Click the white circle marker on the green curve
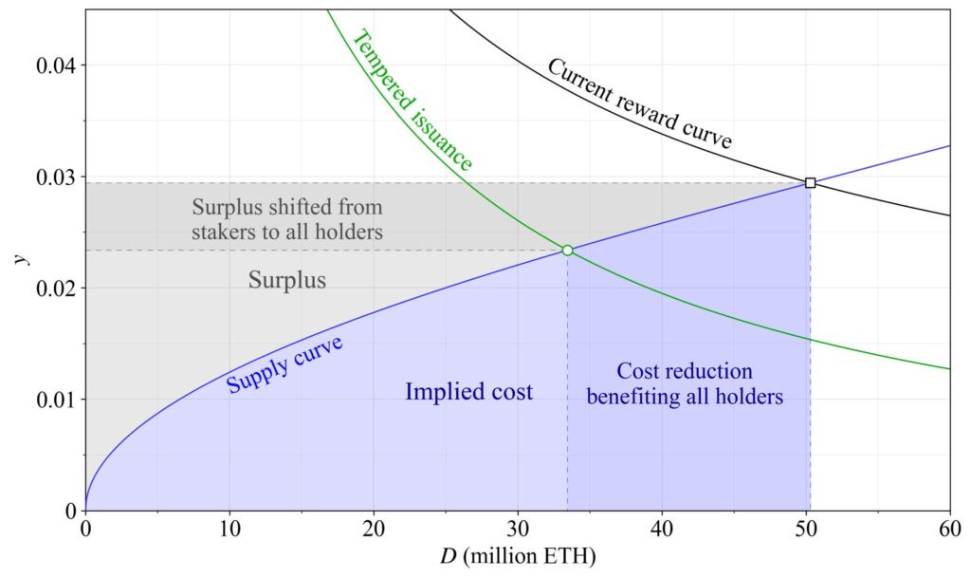coord(567,251)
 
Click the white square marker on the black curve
coord(810,182)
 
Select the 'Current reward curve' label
coord(640,104)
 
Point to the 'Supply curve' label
coord(284,364)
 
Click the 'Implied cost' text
coord(468,391)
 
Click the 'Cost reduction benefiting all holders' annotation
coord(685,384)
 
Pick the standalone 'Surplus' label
coord(287,280)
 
